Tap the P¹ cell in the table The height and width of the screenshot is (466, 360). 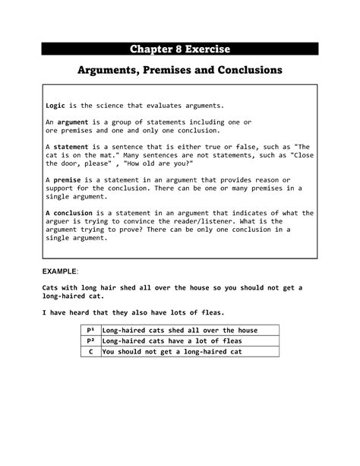(90, 330)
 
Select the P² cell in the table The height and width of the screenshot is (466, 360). (90, 341)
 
